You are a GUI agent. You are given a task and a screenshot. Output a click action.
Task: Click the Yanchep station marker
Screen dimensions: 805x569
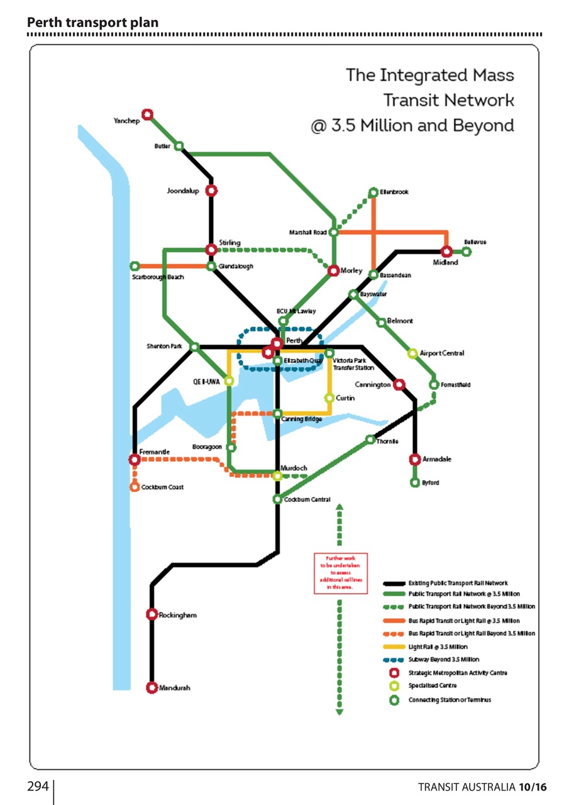coord(147,114)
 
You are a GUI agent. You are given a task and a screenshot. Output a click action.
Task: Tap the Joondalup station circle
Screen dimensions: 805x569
coord(211,191)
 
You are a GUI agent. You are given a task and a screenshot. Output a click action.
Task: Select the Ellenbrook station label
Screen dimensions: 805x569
coord(394,192)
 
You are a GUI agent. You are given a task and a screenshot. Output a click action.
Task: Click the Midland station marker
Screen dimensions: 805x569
coord(446,252)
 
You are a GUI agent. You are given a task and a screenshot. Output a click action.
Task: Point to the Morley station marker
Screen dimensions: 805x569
coord(333,270)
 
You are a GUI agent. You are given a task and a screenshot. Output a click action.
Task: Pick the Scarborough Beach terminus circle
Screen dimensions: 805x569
coord(134,266)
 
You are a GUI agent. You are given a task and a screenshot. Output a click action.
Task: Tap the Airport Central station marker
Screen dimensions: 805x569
coord(413,353)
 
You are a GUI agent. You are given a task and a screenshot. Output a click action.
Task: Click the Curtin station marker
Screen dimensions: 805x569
coord(329,397)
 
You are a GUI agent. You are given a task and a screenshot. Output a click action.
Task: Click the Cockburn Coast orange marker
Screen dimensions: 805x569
coord(135,487)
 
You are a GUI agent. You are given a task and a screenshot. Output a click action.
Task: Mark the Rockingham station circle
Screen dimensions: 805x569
coord(152,614)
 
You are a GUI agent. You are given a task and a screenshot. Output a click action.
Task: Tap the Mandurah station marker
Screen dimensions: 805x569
coord(152,687)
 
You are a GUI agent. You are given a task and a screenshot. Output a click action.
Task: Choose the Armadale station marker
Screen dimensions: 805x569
coord(414,460)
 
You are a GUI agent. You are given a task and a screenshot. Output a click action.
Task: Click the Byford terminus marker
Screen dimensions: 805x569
coord(414,482)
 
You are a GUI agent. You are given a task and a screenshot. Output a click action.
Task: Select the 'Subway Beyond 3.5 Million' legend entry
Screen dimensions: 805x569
coord(443,660)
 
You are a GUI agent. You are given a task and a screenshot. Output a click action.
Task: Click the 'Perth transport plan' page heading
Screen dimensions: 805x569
coord(92,23)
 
